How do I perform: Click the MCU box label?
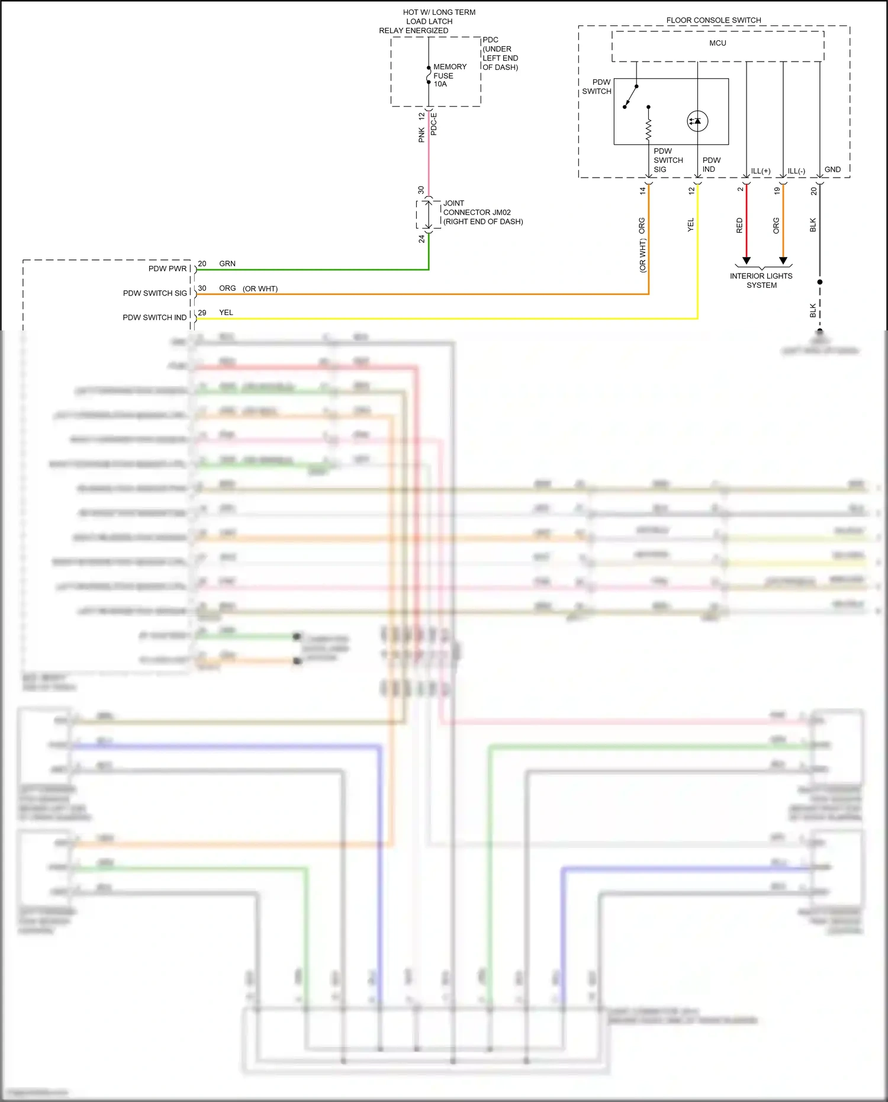[x=718, y=43]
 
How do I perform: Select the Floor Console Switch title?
[x=713, y=20]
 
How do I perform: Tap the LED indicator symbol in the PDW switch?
[x=697, y=121]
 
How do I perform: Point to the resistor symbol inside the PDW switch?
[x=648, y=127]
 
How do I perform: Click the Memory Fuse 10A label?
[x=449, y=75]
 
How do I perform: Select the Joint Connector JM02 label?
[x=482, y=212]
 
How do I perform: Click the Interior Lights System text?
[x=761, y=280]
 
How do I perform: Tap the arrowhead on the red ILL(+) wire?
[x=747, y=261]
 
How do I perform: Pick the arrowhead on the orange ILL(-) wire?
[x=783, y=261]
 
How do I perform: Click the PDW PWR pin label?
[x=167, y=268]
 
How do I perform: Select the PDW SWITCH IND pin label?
[x=155, y=317]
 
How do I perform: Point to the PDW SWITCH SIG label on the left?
[x=155, y=293]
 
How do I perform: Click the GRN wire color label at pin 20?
[x=227, y=264]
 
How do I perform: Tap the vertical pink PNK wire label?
[x=422, y=135]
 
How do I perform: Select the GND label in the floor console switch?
[x=832, y=169]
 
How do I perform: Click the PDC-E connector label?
[x=433, y=124]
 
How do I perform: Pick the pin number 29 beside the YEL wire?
[x=202, y=313]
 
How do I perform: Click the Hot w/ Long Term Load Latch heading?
[x=428, y=21]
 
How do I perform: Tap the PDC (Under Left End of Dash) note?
[x=500, y=53]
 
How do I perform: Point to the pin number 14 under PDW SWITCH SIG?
[x=642, y=191]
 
